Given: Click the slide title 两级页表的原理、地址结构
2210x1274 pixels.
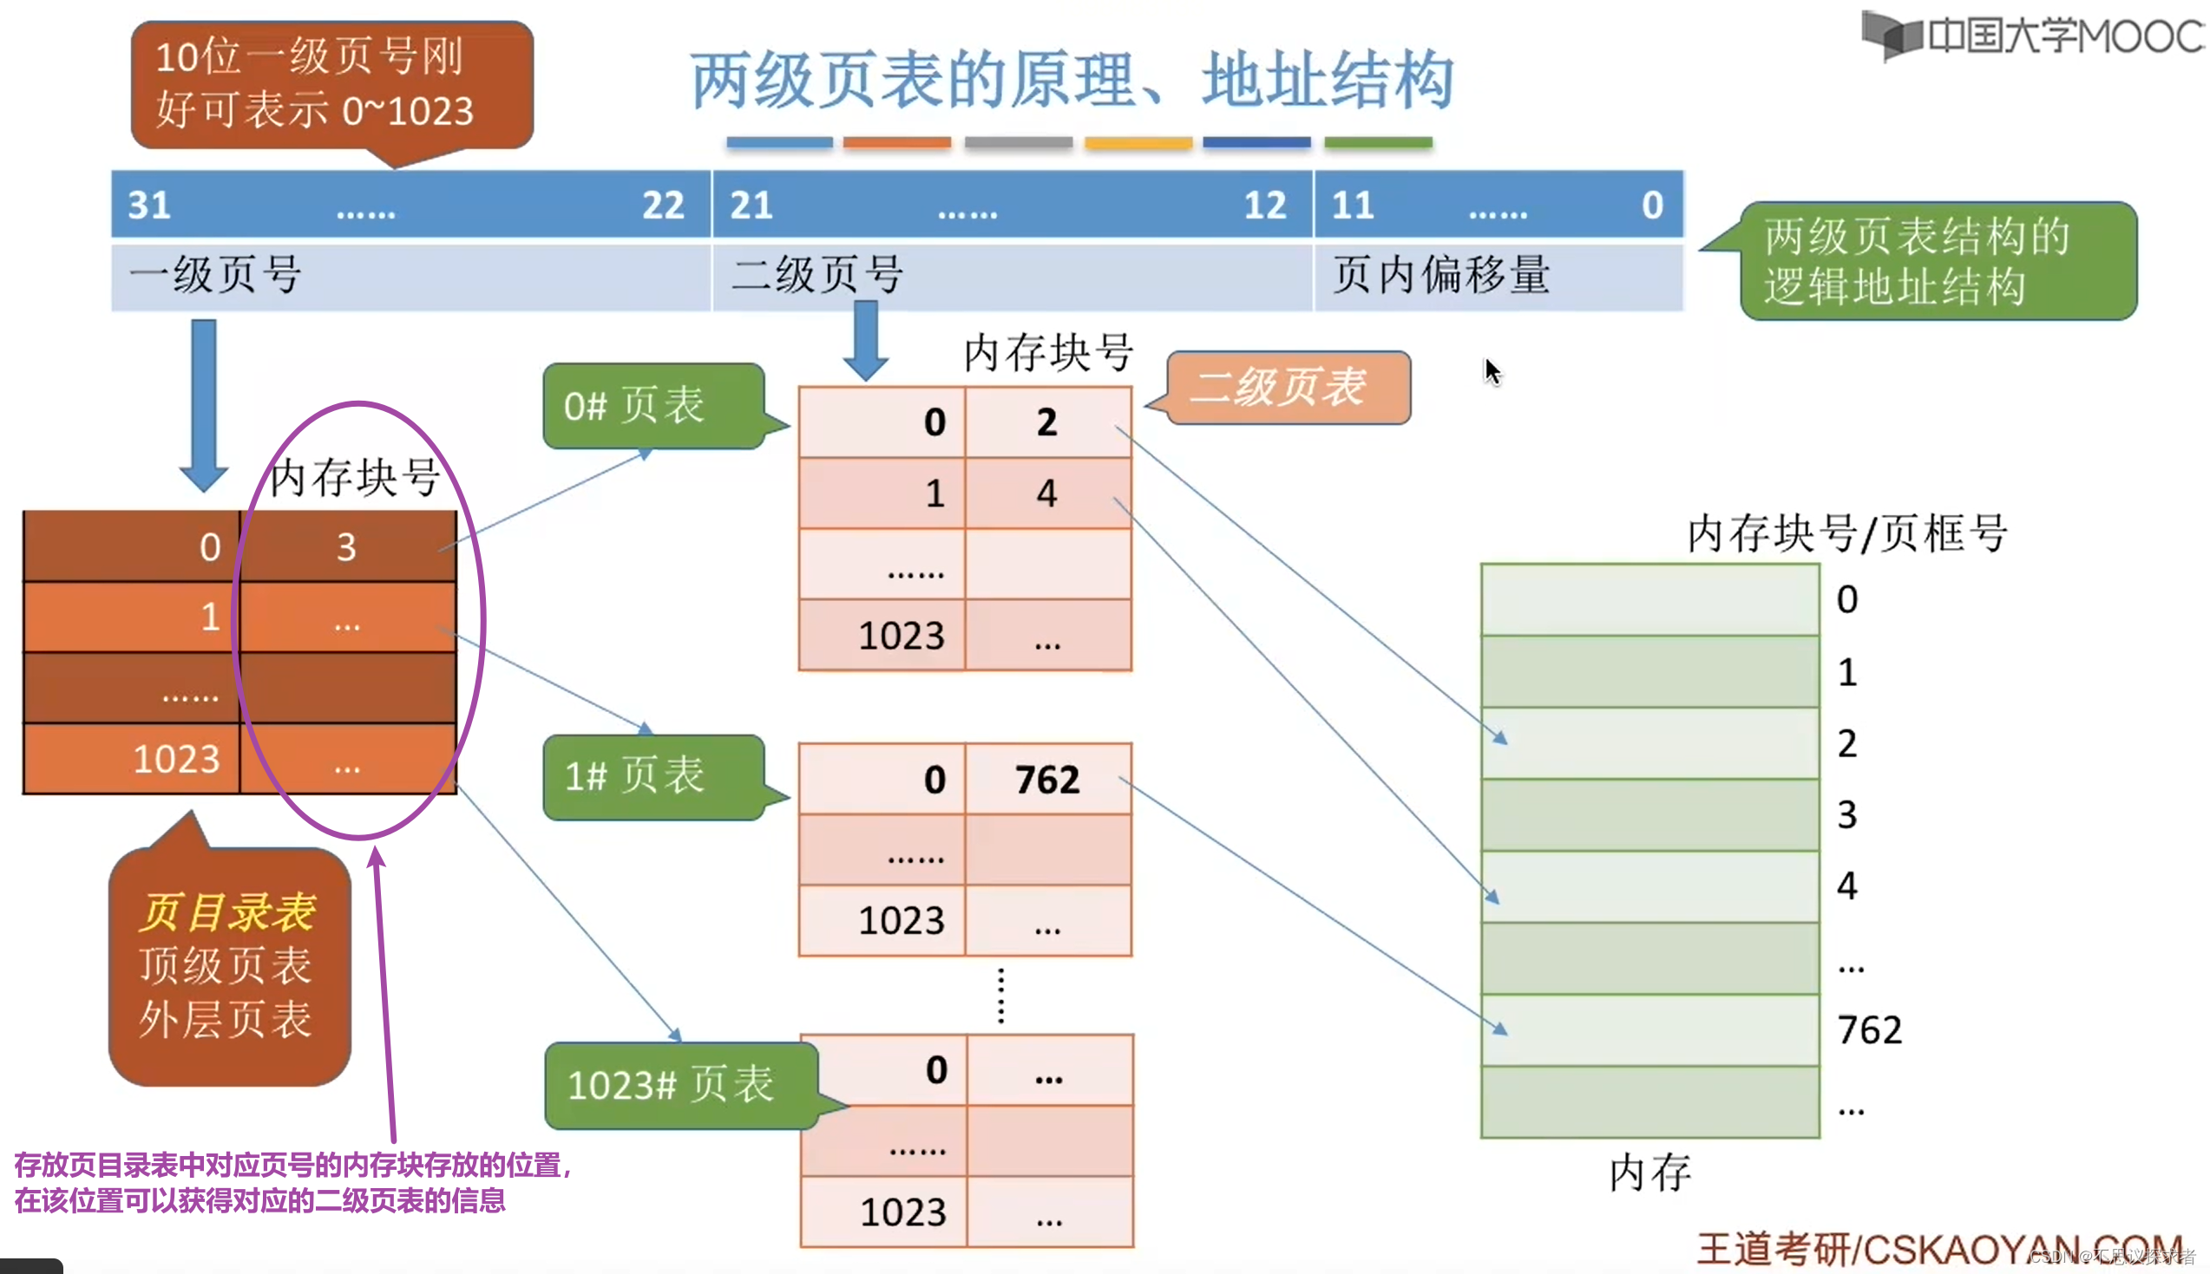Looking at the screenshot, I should pos(1072,81).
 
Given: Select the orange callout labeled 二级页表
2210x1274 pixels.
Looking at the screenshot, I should pos(1287,388).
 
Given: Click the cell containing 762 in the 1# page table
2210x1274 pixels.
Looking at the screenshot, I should pos(1046,780).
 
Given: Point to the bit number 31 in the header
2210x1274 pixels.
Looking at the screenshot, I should pos(148,206).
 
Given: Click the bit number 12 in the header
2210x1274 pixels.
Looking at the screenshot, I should pos(1265,206).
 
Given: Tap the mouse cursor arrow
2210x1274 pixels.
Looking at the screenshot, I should pos(1492,371).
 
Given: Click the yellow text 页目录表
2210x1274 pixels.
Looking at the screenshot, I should pos(226,912).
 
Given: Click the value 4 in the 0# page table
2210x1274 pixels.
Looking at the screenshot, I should pos(1046,493).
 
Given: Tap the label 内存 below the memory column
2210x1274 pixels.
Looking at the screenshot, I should pos(1649,1173).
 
